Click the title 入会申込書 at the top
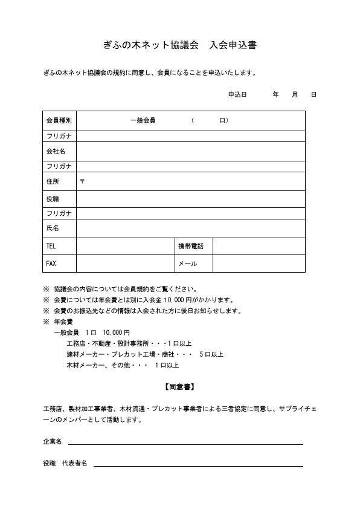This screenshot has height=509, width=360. tap(233, 45)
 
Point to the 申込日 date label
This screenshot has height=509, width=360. tap(237, 95)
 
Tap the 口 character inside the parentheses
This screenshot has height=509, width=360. tap(222, 120)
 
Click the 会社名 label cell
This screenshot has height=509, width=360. tap(56, 151)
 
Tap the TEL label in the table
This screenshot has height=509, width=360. tap(51, 246)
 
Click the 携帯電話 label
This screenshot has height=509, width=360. tap(190, 246)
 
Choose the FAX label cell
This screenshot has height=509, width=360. tap(51, 264)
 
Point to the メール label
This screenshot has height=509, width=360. tap(187, 264)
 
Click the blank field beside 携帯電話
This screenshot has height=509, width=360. tap(259, 246)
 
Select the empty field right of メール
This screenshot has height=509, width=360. tap(259, 264)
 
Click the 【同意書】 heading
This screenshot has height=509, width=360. tap(179, 386)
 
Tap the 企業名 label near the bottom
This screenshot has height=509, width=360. tap(53, 442)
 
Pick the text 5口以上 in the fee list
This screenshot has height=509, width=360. tap(211, 354)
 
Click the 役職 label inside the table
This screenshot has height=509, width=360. tap(53, 199)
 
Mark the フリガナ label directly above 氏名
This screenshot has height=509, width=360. tap(59, 213)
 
